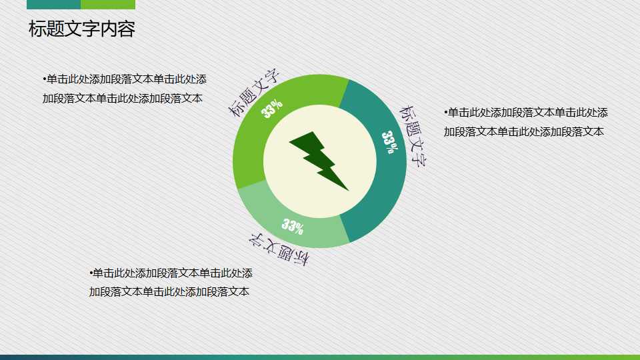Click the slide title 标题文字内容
point(82,29)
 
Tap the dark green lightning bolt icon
point(319,159)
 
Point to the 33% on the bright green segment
point(272,109)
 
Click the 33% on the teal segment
point(391,142)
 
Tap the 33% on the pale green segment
point(293,226)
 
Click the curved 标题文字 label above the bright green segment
point(254,93)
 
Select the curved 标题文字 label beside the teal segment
point(413,134)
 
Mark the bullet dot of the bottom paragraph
point(91,273)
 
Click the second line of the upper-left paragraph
point(122,99)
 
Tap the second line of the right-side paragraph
point(523,131)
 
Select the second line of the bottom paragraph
point(169,291)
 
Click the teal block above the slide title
point(53,4)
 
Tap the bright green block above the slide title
point(108,4)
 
